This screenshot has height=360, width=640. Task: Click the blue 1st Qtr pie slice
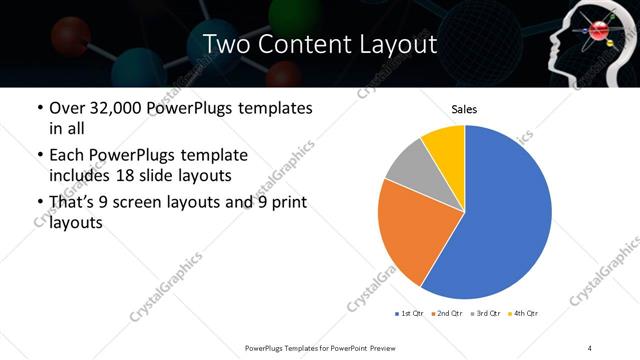[505, 215]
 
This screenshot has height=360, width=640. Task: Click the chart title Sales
[464, 109]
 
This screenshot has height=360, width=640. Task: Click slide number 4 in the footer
[590, 347]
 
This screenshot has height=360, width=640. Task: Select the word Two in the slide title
[224, 44]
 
